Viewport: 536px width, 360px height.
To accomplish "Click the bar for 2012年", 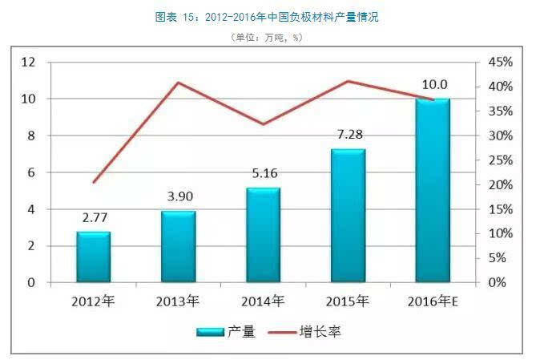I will (x=93, y=257).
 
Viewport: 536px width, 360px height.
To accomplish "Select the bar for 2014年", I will (x=263, y=235).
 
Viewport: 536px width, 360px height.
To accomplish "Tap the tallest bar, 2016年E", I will (x=433, y=190).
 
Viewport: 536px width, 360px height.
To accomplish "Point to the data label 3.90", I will (x=178, y=196).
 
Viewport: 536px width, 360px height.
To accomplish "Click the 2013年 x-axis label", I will (x=178, y=301).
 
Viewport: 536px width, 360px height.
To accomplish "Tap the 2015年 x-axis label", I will (x=348, y=301).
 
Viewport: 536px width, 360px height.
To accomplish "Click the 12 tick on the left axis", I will (x=29, y=62).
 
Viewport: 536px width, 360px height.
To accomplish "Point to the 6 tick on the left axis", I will (x=32, y=172).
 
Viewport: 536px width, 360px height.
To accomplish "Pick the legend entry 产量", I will (x=227, y=331).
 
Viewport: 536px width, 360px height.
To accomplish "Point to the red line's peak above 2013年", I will (x=178, y=83).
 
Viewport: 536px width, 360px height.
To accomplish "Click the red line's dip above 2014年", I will (x=263, y=124).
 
